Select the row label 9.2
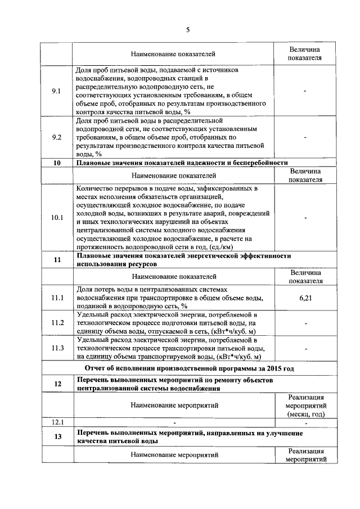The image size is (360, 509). pos(56,137)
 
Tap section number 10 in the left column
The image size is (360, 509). pos(56,163)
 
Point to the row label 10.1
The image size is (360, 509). pos(56,217)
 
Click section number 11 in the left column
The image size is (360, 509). pos(56,259)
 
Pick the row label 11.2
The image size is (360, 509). pos(56,323)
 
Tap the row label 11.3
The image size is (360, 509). pos(56,348)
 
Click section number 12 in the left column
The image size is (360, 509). pos(56,384)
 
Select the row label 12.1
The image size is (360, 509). pos(56,422)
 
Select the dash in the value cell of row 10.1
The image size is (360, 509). pos(305,217)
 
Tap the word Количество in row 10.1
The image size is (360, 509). pos(94,188)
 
